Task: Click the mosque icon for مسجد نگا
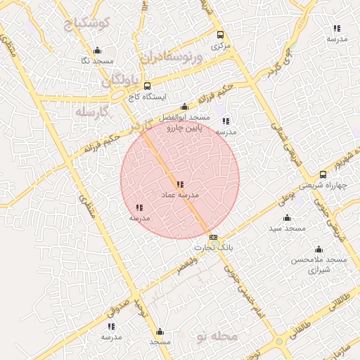[x=97, y=51]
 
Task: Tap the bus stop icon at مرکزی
[x=221, y=35]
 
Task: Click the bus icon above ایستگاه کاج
[x=147, y=86]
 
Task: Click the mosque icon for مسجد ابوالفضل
[x=185, y=106]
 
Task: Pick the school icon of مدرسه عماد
[x=181, y=184]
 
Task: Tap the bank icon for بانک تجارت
[x=214, y=238]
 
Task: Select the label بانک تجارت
[x=213, y=247]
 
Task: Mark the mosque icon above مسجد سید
[x=286, y=218]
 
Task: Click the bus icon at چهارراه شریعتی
[x=323, y=174]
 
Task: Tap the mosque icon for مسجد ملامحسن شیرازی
[x=319, y=250]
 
